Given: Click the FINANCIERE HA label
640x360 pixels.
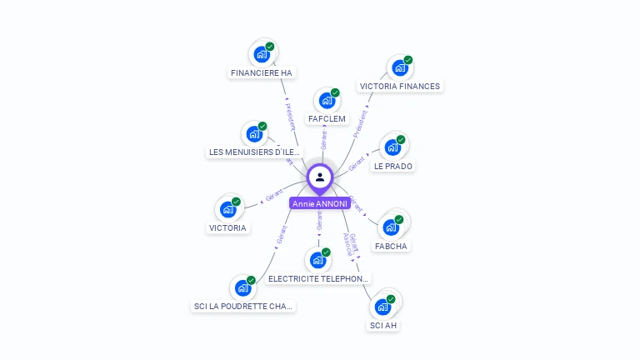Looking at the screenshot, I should pos(262,72).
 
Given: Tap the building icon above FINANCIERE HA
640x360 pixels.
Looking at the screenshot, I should pos(262,55).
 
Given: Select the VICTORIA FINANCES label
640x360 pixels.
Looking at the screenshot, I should pos(399,86).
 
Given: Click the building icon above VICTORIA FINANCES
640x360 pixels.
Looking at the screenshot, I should pos(400,68).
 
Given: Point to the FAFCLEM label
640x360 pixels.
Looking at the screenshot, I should pos(327,119).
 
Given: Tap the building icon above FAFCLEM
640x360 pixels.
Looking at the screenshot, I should pos(327,101).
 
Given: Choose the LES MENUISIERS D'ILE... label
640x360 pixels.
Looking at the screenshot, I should pos(254,152).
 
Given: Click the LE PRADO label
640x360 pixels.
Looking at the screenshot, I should pos(393,166).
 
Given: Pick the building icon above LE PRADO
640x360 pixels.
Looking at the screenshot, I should pos(392,147).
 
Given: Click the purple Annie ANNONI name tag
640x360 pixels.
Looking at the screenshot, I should pos(320,203).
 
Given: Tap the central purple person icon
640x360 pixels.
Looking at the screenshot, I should pos(320,177).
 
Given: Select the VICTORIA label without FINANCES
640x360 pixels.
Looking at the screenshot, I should pos(227,227).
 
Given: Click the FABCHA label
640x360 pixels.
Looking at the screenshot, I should pos(392,246).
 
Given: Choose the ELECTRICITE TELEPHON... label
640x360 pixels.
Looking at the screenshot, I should pos(318,278).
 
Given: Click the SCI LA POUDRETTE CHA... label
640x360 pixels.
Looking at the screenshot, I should pos(243,306).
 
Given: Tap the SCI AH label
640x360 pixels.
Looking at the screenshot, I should pos(383,325).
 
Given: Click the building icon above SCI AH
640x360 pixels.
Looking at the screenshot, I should pos(382,307).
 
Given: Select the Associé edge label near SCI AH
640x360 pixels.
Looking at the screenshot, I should pos(348,243).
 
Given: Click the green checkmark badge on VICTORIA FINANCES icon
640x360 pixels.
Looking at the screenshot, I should pos(408,60).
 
